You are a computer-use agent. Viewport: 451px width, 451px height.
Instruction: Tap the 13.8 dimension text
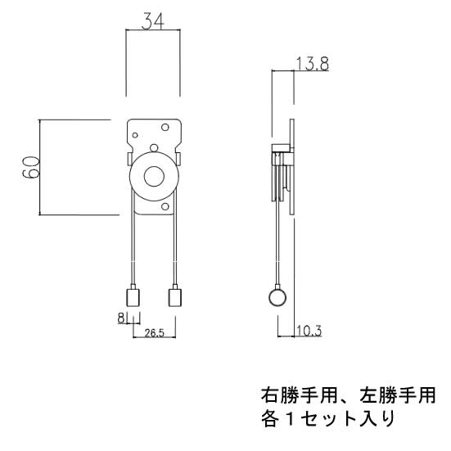pos(313,65)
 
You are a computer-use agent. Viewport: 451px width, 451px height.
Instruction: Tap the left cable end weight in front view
pos(132,296)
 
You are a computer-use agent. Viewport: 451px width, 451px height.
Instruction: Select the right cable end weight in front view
pos(174,296)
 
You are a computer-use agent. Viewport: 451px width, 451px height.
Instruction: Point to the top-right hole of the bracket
pos(166,128)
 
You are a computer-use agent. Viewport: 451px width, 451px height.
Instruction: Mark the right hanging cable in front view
pos(174,246)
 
